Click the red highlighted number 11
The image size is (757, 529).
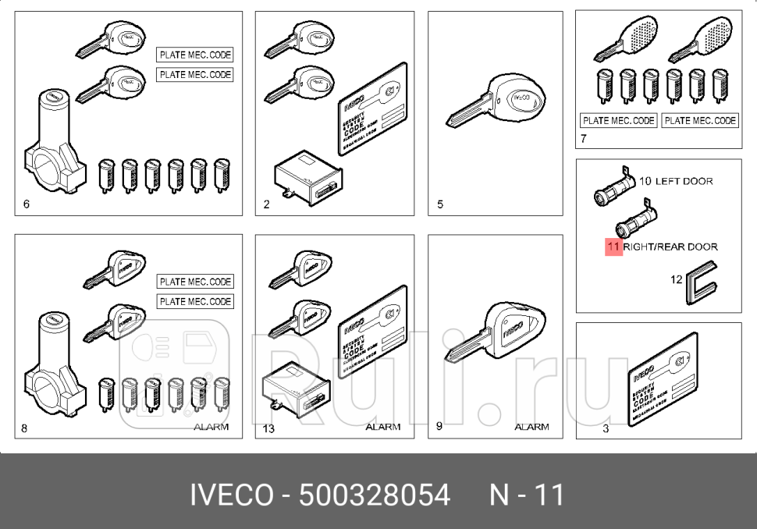click(613, 247)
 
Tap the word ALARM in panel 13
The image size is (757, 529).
click(382, 427)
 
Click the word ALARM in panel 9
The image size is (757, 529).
click(531, 427)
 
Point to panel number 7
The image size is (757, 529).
click(583, 141)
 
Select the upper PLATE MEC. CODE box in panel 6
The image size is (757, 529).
click(195, 55)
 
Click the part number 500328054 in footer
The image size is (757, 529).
click(375, 495)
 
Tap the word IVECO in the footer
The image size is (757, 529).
click(233, 495)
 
